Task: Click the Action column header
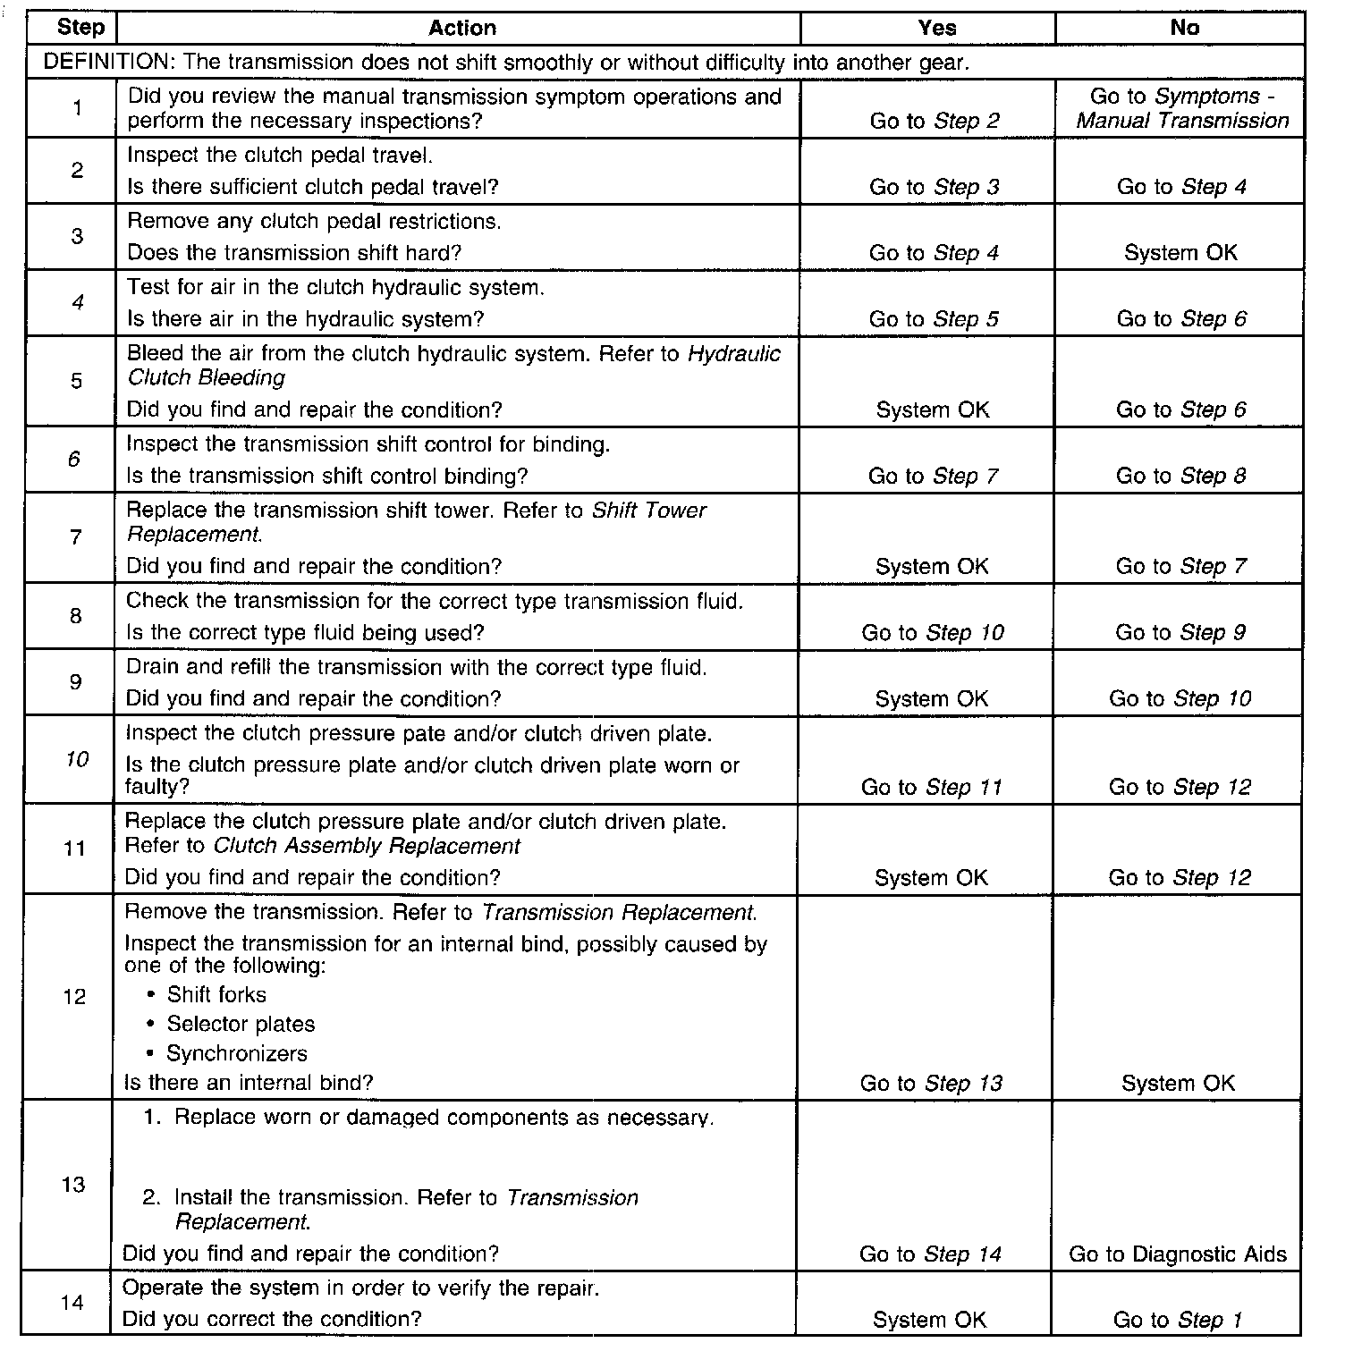tap(461, 28)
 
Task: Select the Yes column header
tap(936, 28)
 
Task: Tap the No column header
tap(1184, 28)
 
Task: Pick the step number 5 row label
tap(76, 381)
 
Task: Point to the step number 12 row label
tap(74, 997)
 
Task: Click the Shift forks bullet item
tap(216, 995)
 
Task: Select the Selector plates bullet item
tap(240, 1025)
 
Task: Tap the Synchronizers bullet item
tap(236, 1054)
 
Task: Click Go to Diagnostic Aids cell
tap(1177, 1254)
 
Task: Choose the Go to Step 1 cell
tap(1177, 1321)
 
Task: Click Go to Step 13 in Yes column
tap(931, 1084)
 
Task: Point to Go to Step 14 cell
tap(930, 1254)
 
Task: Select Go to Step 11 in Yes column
tap(931, 788)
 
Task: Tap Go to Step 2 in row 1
tap(935, 121)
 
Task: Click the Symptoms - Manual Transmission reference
tap(1182, 109)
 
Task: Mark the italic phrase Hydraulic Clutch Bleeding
tap(454, 366)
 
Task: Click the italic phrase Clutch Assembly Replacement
tap(367, 846)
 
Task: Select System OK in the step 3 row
tap(1180, 253)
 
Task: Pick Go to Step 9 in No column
tap(1180, 633)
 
